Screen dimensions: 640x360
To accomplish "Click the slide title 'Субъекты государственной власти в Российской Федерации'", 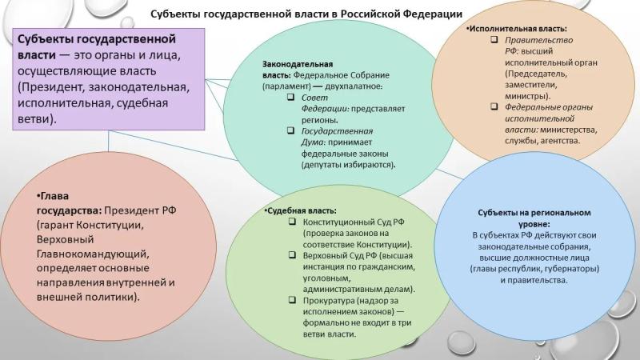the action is (306, 14).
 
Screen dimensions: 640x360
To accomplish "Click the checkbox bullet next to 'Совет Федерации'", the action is (290, 97).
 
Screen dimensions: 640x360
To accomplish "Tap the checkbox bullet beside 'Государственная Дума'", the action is (290, 130).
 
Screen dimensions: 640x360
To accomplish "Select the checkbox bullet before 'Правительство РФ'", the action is (494, 39).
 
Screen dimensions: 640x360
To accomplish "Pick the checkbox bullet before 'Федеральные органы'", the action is (494, 106).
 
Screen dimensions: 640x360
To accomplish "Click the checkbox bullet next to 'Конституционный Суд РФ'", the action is (292, 222).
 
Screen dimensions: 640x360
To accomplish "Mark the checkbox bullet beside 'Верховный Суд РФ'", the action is (292, 255).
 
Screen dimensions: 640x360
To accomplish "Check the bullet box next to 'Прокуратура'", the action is (292, 300).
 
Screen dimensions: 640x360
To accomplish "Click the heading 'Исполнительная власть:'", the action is (518, 29).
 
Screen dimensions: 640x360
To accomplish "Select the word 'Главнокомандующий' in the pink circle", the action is (93, 254).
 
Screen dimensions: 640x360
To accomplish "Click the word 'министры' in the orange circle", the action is (526, 96).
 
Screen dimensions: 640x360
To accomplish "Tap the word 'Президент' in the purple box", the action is (54, 87).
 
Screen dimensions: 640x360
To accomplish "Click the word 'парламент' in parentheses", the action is (286, 86).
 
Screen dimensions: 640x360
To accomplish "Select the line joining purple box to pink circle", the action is (109, 141).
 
